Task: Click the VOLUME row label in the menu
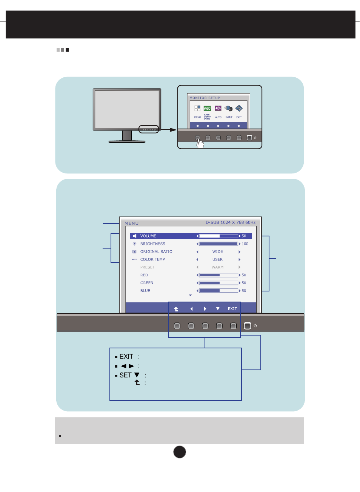(x=148, y=236)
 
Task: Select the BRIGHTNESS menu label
(x=152, y=244)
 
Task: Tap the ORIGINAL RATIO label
(x=156, y=252)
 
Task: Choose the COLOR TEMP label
(x=152, y=259)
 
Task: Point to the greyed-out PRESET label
(x=148, y=267)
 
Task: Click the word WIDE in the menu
(x=217, y=252)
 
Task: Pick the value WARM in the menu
(x=217, y=267)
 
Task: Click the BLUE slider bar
(x=218, y=291)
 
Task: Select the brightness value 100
(x=245, y=244)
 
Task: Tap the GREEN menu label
(x=147, y=283)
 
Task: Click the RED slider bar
(x=218, y=275)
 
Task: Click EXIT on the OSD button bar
(x=232, y=309)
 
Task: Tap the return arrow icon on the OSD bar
(x=176, y=309)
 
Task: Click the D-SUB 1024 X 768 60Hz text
(x=231, y=222)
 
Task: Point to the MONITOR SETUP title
(x=205, y=98)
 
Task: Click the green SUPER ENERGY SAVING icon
(x=207, y=109)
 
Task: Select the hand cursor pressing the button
(x=200, y=143)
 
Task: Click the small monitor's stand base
(x=127, y=142)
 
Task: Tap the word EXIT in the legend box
(x=126, y=357)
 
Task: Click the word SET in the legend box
(x=125, y=375)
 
